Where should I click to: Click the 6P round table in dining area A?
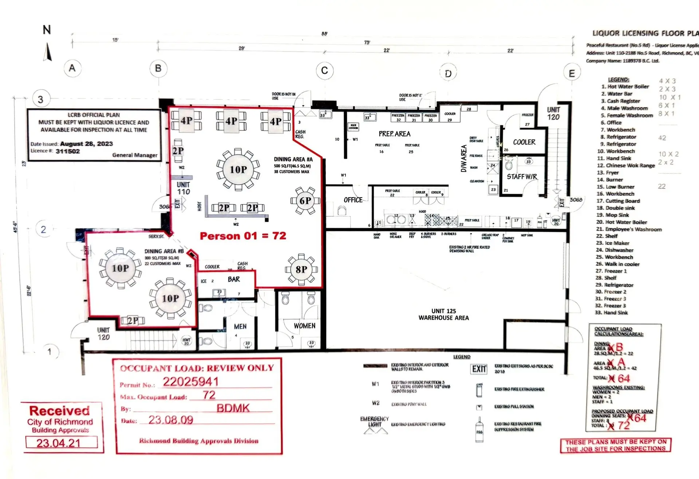(x=305, y=201)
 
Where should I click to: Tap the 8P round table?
(x=301, y=270)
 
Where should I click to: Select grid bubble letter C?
(x=324, y=70)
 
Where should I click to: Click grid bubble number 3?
(x=40, y=99)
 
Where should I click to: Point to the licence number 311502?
(x=68, y=151)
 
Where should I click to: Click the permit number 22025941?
(x=190, y=382)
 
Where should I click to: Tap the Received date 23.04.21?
(x=59, y=443)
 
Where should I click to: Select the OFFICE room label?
(x=353, y=200)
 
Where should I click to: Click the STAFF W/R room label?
(x=522, y=177)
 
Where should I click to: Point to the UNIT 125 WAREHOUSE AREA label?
(x=443, y=314)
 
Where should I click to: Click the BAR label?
(x=234, y=279)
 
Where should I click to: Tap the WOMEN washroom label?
(x=304, y=326)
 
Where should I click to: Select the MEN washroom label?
(x=240, y=326)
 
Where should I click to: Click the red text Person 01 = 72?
(x=243, y=236)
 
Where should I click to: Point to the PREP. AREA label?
(x=394, y=134)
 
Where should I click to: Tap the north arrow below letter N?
(x=48, y=52)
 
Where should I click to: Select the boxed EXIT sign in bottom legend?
(x=479, y=369)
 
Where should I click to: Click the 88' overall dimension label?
(x=324, y=34)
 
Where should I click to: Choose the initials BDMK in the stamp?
(x=233, y=408)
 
